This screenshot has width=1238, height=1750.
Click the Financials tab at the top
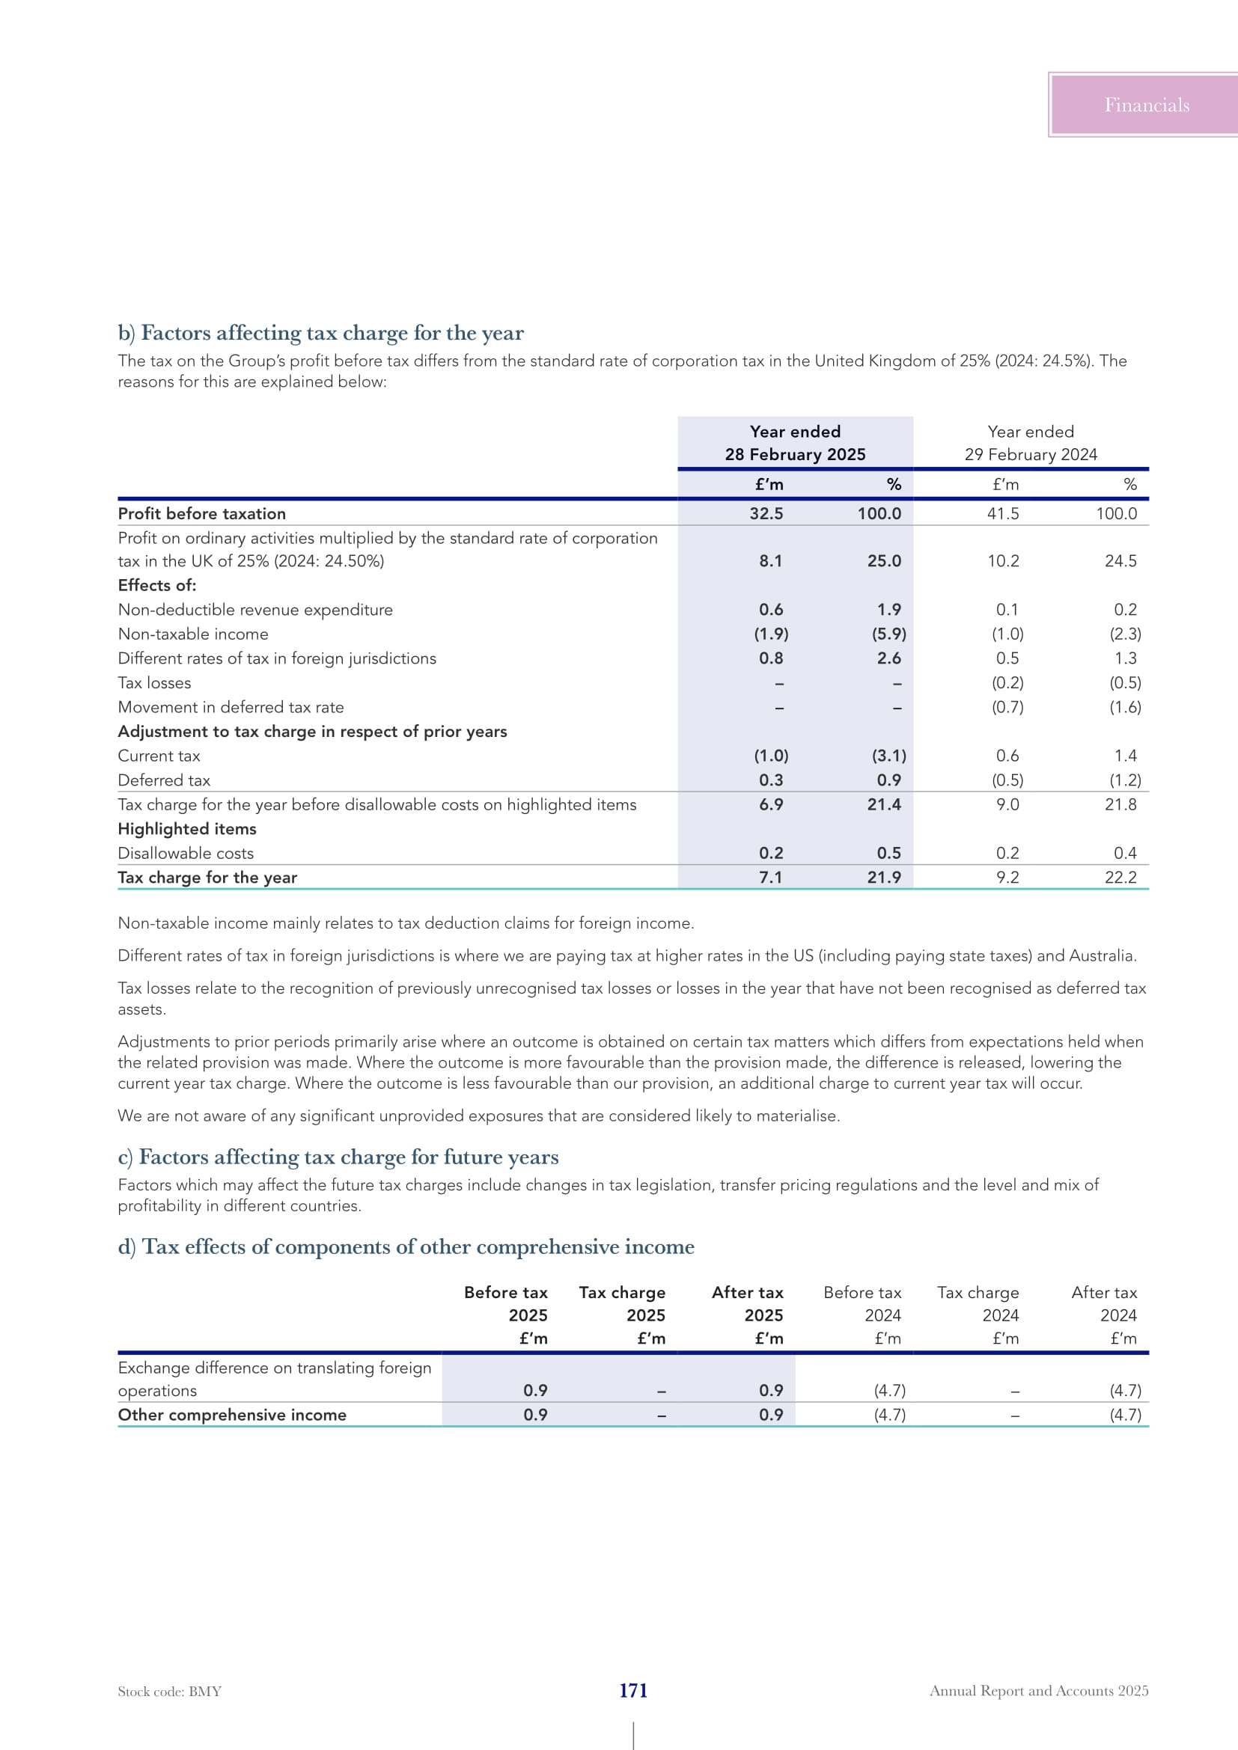(1146, 105)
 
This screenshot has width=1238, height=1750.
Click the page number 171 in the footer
(632, 1691)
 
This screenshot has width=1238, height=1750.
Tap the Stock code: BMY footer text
(169, 1692)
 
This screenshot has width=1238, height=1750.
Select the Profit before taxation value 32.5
(766, 514)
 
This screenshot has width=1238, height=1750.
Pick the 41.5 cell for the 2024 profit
(1002, 514)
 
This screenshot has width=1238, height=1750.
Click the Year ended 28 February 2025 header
(795, 443)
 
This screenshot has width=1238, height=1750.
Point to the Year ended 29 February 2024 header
(1031, 443)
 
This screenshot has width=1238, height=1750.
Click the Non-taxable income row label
(193, 634)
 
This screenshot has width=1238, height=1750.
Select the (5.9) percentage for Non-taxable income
(889, 634)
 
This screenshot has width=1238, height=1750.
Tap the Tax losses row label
(154, 683)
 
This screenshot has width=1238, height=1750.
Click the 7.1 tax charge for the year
(770, 878)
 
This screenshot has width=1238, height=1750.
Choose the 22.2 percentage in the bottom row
(1120, 878)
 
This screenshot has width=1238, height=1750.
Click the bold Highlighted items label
(187, 828)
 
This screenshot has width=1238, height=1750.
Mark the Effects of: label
(157, 585)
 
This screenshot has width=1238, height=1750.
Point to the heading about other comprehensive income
(406, 1246)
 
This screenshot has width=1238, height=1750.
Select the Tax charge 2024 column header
(978, 1303)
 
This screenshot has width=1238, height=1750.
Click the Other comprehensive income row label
(232, 1415)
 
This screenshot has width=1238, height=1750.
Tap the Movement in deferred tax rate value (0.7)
(1007, 707)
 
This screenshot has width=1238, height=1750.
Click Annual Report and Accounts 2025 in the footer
(1038, 1691)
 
